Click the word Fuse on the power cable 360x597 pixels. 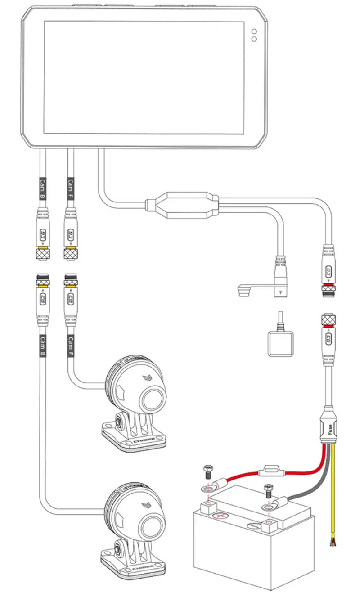coord(330,428)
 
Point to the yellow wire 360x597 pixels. coord(334,495)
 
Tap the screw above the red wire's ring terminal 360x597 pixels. coord(208,471)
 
